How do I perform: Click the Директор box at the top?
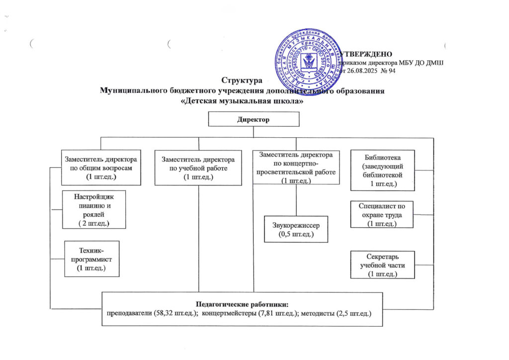pyautogui.click(x=254, y=119)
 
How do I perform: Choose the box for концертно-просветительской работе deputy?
pyautogui.click(x=296, y=167)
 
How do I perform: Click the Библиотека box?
pyautogui.click(x=383, y=169)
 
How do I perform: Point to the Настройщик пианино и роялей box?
pyautogui.click(x=93, y=209)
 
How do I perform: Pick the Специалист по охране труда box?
pyautogui.click(x=382, y=214)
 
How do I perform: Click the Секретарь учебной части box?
pyautogui.click(x=382, y=265)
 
